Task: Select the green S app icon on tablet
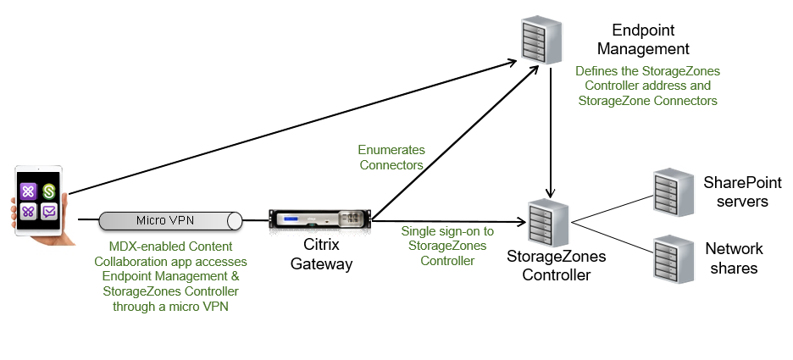pos(49,191)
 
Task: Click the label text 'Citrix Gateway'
pos(321,254)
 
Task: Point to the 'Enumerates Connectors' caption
pos(391,158)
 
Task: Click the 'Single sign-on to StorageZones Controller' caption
pos(447,246)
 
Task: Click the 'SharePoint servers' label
pos(736,191)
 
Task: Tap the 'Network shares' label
pos(735,258)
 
